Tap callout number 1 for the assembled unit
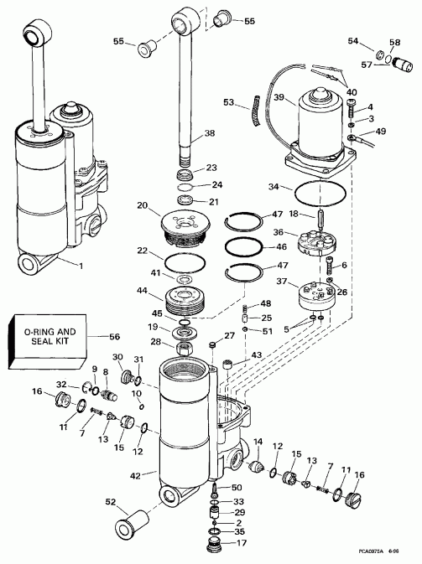[81, 266]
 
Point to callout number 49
[381, 132]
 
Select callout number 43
[257, 355]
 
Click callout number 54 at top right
[352, 40]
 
